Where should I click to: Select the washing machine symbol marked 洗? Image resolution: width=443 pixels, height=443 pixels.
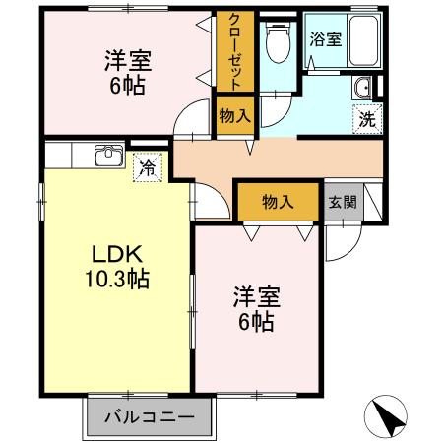pyautogui.click(x=365, y=120)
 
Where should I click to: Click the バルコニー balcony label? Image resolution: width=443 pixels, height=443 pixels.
pyautogui.click(x=149, y=416)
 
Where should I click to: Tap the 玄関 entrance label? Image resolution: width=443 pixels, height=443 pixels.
pyautogui.click(x=343, y=203)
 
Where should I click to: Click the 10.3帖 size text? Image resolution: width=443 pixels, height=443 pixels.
pyautogui.click(x=115, y=281)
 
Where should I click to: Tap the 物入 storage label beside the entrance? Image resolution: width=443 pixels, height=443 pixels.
pyautogui.click(x=278, y=202)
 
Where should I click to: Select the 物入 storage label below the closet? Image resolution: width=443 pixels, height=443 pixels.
pyautogui.click(x=234, y=116)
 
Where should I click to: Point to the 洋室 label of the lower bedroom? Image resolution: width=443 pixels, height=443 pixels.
pyautogui.click(x=256, y=295)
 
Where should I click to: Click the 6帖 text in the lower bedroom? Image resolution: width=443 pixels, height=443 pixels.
pyautogui.click(x=254, y=321)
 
